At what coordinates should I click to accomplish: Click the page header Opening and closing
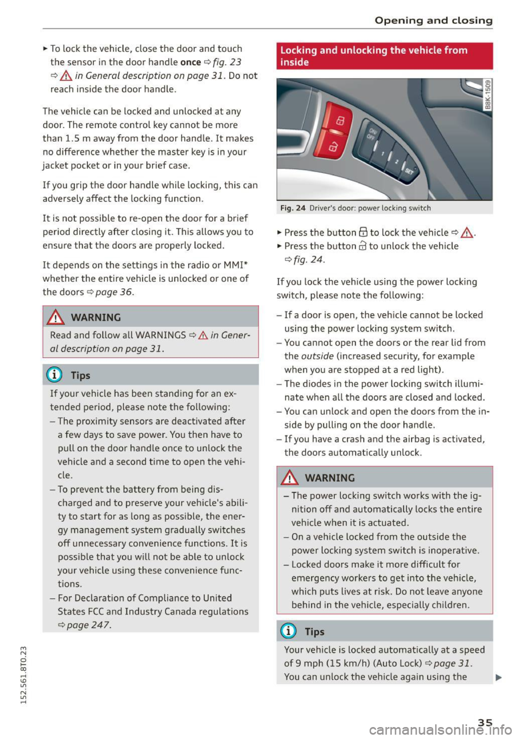tap(433, 20)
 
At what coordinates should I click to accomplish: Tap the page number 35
tap(485, 722)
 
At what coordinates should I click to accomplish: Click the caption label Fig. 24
tap(293, 208)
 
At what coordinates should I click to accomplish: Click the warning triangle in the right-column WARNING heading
tap(290, 478)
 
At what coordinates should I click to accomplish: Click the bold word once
tap(190, 62)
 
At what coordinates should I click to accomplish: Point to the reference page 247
tap(88, 625)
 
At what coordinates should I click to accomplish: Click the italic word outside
tap(317, 356)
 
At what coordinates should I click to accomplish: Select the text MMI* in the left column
tap(236, 265)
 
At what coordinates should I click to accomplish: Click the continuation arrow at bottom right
tap(498, 677)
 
